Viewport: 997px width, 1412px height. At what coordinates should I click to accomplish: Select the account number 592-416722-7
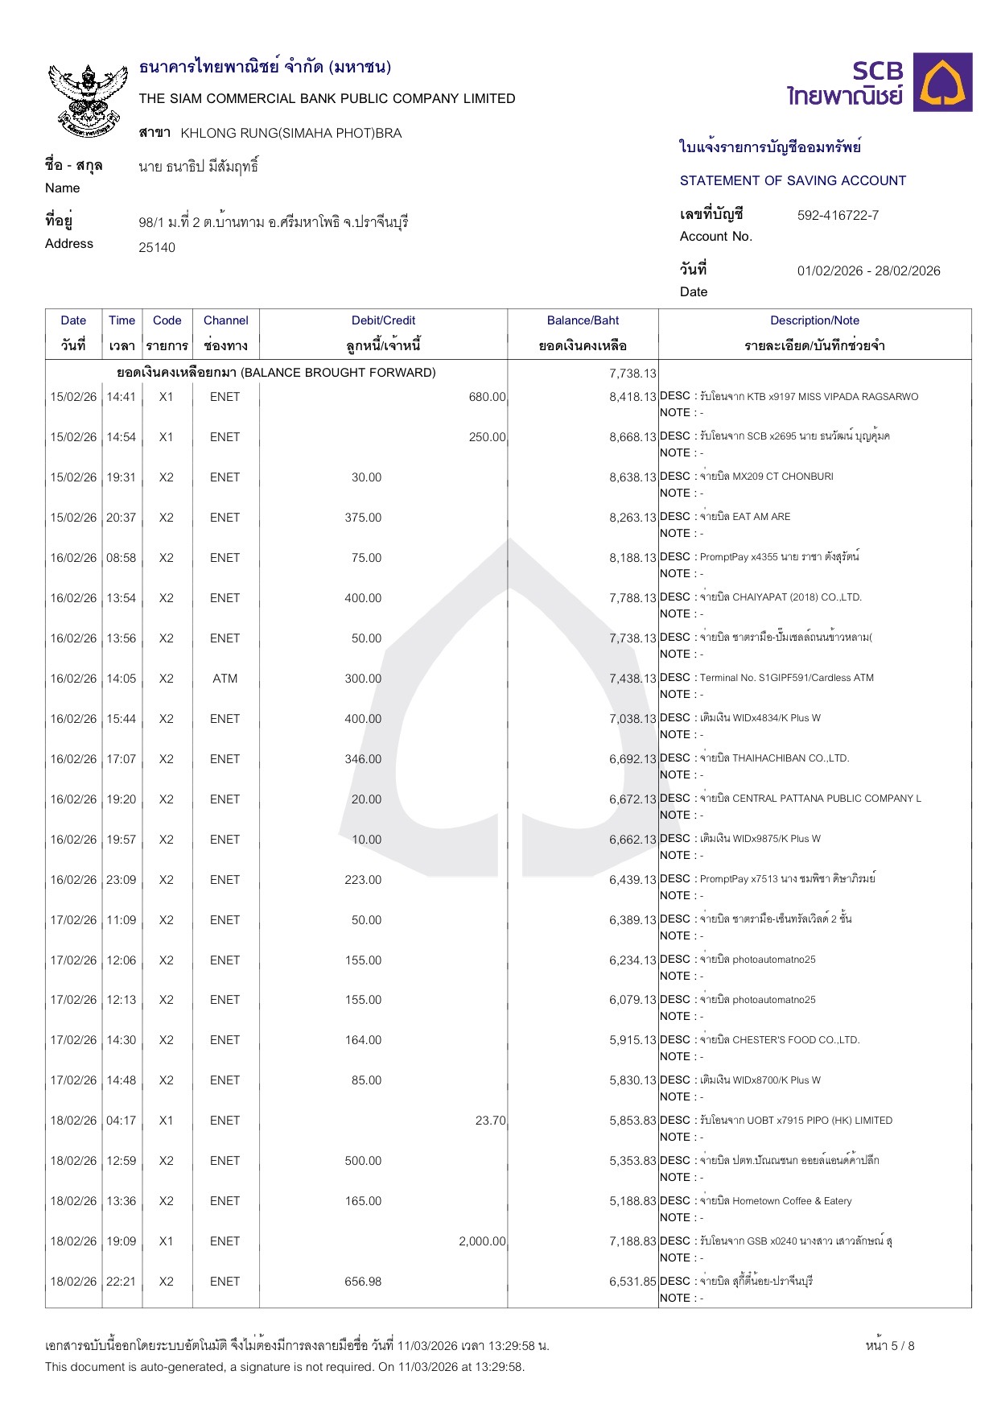pyautogui.click(x=838, y=216)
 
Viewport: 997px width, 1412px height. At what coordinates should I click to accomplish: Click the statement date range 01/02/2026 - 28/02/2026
pyautogui.click(x=868, y=271)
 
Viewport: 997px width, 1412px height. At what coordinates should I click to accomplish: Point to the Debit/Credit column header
pyautogui.click(x=383, y=320)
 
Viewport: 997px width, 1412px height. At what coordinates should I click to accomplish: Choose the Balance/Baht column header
pyautogui.click(x=583, y=320)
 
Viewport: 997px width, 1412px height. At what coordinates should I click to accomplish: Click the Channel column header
pyautogui.click(x=225, y=320)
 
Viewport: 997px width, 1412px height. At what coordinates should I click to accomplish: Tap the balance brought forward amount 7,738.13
pyautogui.click(x=632, y=374)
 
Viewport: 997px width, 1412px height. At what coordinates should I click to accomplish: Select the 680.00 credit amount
pyautogui.click(x=487, y=397)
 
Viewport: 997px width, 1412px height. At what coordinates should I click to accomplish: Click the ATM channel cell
pyautogui.click(x=225, y=679)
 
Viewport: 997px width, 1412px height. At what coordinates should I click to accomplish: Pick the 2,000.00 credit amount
pyautogui.click(x=482, y=1241)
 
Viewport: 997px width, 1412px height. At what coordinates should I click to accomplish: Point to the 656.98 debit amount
pyautogui.click(x=363, y=1282)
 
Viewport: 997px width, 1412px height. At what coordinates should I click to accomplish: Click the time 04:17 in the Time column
pyautogui.click(x=122, y=1121)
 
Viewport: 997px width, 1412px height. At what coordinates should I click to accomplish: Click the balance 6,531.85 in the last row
pyautogui.click(x=632, y=1282)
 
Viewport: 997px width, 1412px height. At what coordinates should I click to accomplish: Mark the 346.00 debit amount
pyautogui.click(x=363, y=759)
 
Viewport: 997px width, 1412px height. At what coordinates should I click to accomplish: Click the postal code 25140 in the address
pyautogui.click(x=157, y=248)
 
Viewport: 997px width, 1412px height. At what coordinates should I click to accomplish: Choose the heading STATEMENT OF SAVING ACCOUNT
pyautogui.click(x=793, y=181)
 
